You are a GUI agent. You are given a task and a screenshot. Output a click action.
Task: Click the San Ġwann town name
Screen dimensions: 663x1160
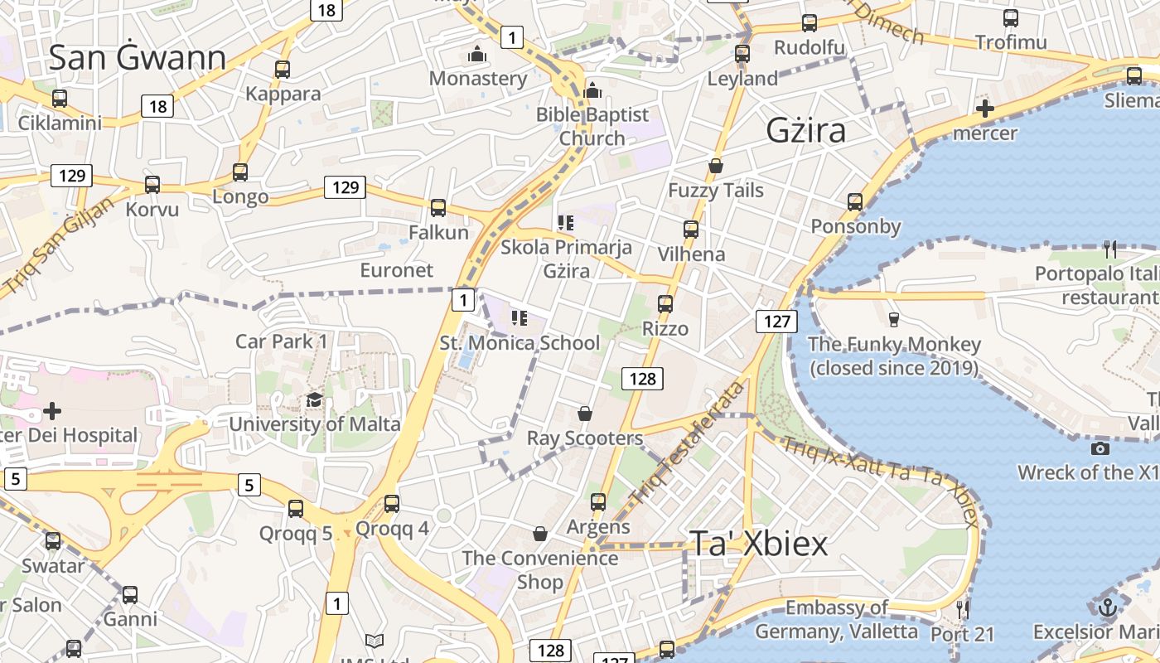[x=137, y=58]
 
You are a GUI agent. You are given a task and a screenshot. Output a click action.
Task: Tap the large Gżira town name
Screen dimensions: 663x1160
[x=805, y=131]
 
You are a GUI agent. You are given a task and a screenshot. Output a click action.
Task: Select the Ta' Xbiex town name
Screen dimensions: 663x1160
[x=758, y=544]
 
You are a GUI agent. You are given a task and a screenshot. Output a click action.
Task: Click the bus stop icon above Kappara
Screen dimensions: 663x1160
[x=283, y=70]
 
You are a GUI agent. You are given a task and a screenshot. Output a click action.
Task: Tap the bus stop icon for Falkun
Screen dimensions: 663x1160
[x=438, y=208]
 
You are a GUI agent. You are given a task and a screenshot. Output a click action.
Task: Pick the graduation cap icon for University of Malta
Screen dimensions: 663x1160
[x=314, y=400]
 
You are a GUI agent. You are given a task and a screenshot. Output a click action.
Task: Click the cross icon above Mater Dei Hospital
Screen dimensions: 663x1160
[x=52, y=411]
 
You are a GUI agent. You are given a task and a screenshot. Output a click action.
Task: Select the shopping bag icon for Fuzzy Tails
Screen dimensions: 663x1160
[x=716, y=166]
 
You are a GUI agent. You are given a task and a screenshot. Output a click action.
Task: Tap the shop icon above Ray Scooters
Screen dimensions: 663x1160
[x=585, y=414]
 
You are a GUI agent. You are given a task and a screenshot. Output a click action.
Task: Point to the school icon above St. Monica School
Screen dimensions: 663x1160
[x=520, y=318]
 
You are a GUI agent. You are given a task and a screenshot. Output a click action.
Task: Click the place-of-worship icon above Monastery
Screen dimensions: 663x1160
[x=477, y=55]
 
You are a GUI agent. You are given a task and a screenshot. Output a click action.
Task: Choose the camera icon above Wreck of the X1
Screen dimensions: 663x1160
[x=1100, y=448]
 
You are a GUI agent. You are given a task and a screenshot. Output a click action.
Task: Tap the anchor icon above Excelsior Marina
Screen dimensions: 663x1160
[x=1107, y=607]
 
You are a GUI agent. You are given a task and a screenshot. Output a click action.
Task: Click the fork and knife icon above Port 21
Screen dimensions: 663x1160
[x=962, y=609]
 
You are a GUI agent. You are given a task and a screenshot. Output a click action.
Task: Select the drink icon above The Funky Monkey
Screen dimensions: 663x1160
[x=893, y=319]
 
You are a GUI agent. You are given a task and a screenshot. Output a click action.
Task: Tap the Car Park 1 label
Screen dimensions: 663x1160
[x=281, y=341]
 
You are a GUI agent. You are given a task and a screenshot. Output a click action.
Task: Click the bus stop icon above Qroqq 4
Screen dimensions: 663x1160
[x=392, y=504]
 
